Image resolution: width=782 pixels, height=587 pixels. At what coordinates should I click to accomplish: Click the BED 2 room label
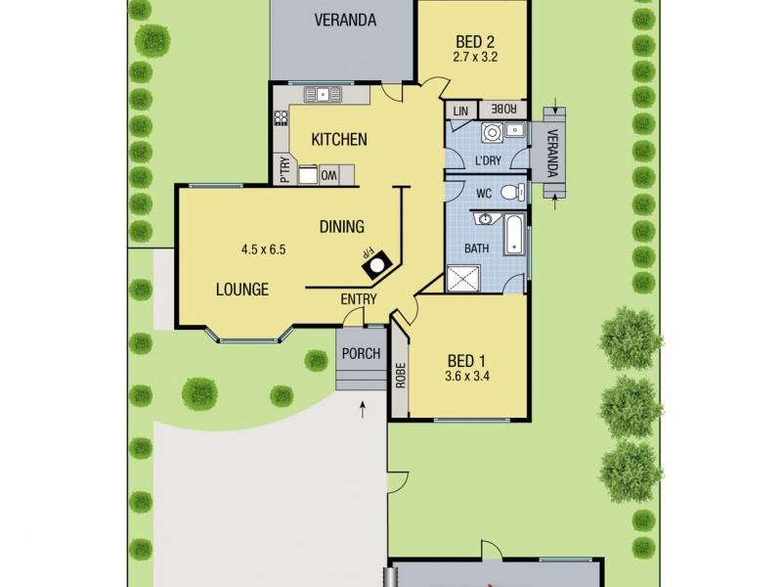pyautogui.click(x=476, y=41)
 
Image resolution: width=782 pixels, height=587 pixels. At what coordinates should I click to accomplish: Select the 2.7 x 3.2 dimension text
pyautogui.click(x=476, y=58)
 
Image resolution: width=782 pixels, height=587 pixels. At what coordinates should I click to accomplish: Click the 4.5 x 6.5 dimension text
pyautogui.click(x=263, y=249)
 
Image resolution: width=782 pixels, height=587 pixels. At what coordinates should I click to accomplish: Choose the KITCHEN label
pyautogui.click(x=339, y=140)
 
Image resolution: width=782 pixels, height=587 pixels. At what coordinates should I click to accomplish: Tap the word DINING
pyautogui.click(x=341, y=227)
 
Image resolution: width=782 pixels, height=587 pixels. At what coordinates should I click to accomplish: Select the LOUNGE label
pyautogui.click(x=242, y=290)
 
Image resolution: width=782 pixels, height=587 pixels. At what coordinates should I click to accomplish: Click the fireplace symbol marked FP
pyautogui.click(x=378, y=258)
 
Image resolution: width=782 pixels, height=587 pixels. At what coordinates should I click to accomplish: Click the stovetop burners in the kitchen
pyautogui.click(x=282, y=118)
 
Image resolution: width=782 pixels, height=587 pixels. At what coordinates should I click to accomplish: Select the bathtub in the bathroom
pyautogui.click(x=514, y=235)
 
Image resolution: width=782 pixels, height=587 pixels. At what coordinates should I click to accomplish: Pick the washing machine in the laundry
pyautogui.click(x=491, y=134)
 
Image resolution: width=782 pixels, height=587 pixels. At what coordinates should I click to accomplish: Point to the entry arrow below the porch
pyautogui.click(x=363, y=408)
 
